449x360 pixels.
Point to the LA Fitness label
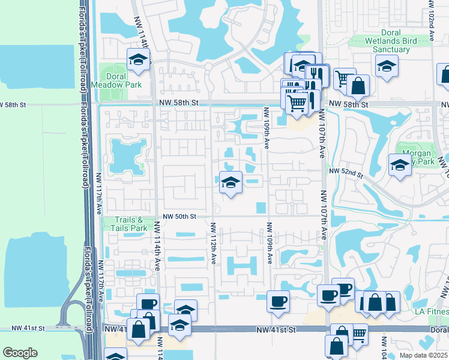pyautogui.click(x=432, y=311)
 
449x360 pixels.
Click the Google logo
pyautogui.click(x=20, y=352)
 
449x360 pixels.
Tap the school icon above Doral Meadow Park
pyautogui.click(x=138, y=60)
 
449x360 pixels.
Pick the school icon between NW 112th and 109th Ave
pyautogui.click(x=230, y=182)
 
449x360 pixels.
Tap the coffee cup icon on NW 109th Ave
pyautogui.click(x=278, y=301)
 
